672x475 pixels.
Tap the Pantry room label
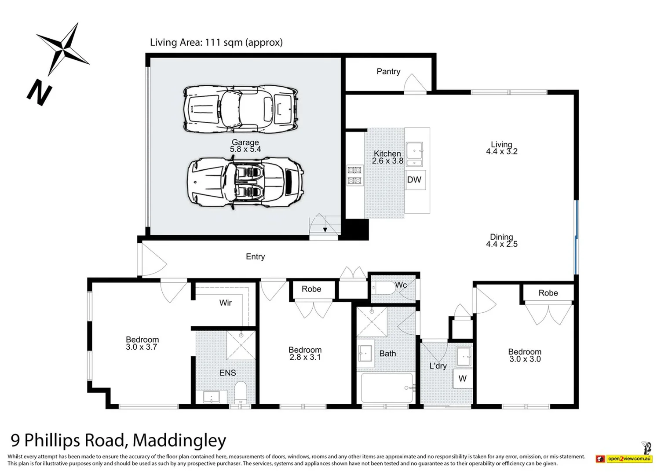388,71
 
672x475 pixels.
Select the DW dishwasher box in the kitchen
414,179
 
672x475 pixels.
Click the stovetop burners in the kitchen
354,175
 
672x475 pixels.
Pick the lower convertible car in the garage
245,183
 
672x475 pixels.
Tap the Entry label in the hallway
255,256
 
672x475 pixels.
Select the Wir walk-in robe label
225,303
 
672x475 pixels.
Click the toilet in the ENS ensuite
241,392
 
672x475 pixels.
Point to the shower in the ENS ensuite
241,345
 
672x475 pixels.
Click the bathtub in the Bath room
387,387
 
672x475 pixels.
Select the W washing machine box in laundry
462,379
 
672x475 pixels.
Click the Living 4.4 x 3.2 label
501,148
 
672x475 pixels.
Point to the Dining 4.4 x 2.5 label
501,241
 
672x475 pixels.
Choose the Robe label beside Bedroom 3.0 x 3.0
548,293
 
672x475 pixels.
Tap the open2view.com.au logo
628,459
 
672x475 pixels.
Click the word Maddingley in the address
179,440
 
